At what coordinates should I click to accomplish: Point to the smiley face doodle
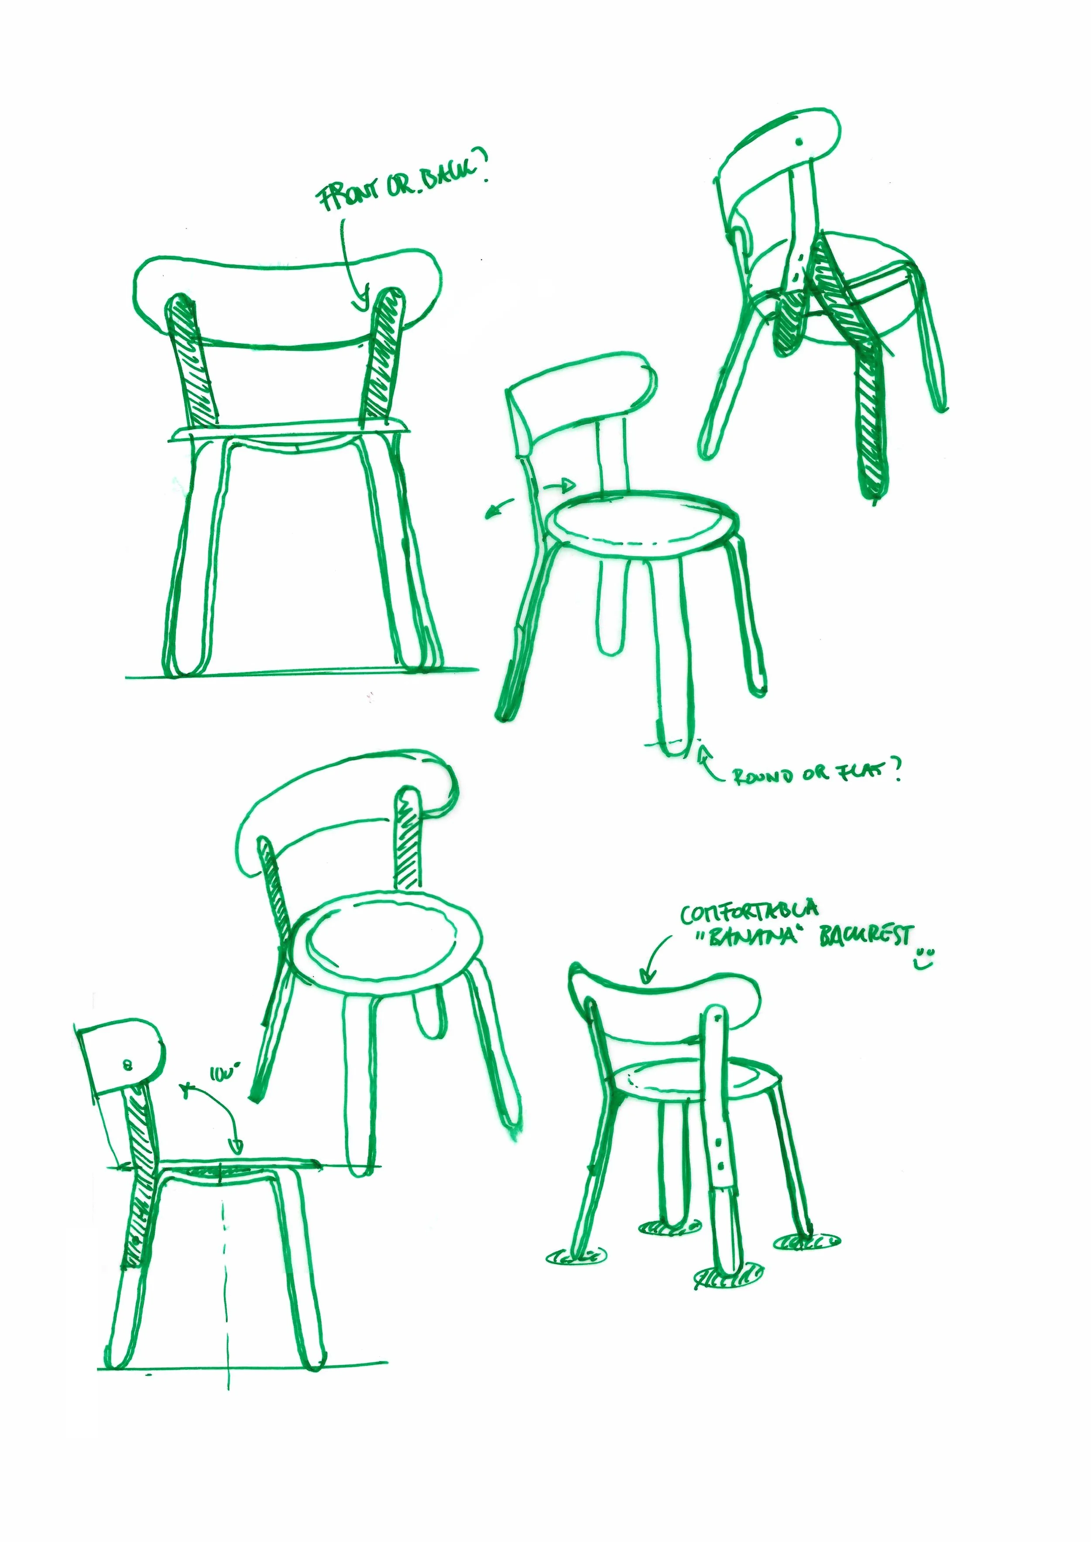coord(925,960)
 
